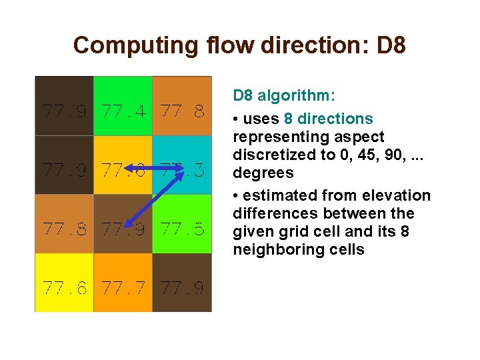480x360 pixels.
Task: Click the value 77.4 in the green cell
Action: pyautogui.click(x=123, y=111)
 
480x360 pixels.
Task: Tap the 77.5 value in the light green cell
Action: pyautogui.click(x=182, y=229)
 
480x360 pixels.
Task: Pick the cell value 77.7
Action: pyautogui.click(x=123, y=288)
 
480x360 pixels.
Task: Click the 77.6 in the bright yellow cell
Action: pyautogui.click(x=65, y=288)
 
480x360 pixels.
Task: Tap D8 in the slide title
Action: pyautogui.click(x=392, y=45)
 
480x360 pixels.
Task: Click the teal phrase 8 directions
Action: pyautogui.click(x=328, y=119)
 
